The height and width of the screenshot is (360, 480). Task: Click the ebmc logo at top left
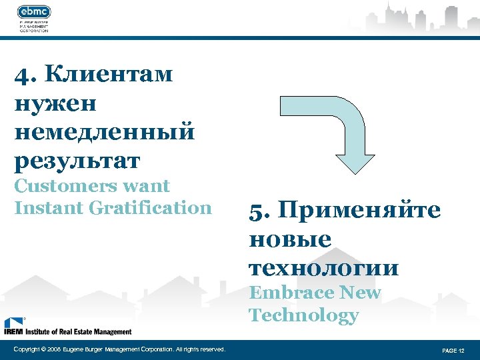tap(34, 11)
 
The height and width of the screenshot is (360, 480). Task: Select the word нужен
tap(55, 103)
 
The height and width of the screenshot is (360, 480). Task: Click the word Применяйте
tap(357, 211)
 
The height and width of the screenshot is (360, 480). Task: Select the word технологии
tap(324, 267)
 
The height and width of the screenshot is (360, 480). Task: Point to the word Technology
tap(303, 315)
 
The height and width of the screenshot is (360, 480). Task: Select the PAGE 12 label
tap(453, 350)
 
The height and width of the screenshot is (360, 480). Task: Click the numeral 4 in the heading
tap(22, 74)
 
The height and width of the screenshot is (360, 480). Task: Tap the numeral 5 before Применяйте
tap(256, 211)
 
